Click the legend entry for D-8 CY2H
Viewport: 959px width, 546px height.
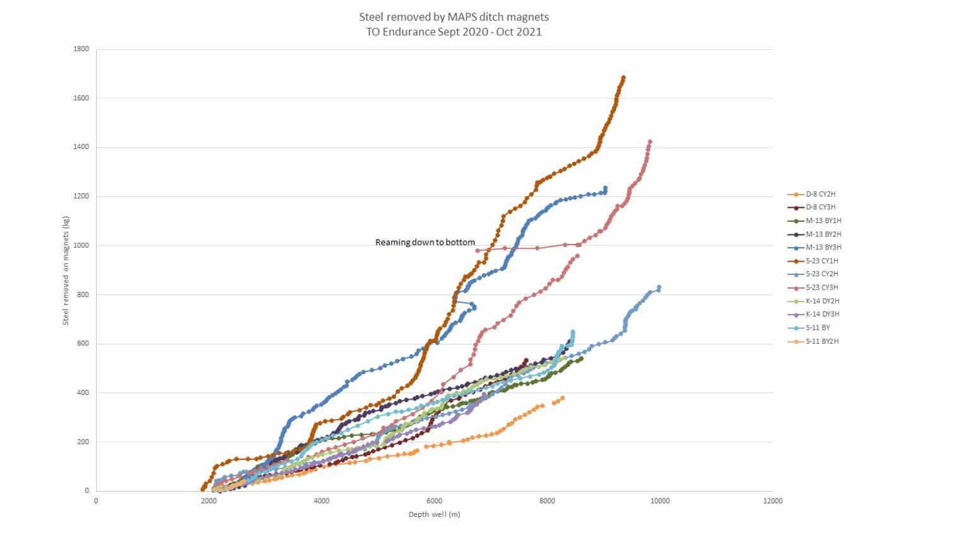[820, 194]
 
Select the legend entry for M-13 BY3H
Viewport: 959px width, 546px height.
[823, 247]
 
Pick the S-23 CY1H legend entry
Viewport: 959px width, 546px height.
[821, 260]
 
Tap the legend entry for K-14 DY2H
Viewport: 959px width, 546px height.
[822, 301]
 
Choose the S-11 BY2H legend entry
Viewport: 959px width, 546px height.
[821, 341]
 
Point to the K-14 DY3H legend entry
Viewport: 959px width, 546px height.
[822, 314]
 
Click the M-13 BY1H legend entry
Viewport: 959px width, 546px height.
[823, 221]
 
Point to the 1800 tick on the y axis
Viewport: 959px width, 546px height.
[81, 49]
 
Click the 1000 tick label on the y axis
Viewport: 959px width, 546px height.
[81, 245]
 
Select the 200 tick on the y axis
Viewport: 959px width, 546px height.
[83, 442]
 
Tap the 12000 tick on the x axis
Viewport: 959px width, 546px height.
[772, 501]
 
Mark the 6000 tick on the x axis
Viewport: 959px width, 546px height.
[434, 501]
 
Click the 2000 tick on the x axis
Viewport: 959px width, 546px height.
[208, 501]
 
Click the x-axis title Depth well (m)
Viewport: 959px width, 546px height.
[434, 514]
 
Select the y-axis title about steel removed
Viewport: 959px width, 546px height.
[66, 270]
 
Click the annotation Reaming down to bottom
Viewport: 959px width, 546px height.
[425, 242]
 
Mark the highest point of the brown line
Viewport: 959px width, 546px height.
[623, 78]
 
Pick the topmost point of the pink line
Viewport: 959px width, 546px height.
[649, 142]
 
